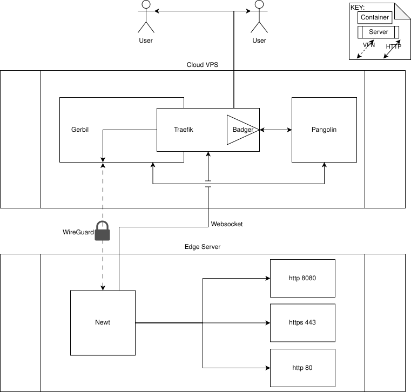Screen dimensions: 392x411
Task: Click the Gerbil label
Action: (79, 130)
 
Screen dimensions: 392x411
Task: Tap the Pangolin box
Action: (324, 130)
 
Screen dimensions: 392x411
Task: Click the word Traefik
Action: (184, 130)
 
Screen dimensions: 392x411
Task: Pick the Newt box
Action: (103, 322)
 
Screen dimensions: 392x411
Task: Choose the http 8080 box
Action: (302, 278)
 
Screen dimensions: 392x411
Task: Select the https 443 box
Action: (302, 322)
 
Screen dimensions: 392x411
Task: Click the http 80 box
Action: (302, 368)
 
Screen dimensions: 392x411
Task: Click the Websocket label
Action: (227, 224)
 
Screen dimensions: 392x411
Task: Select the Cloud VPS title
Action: (203, 65)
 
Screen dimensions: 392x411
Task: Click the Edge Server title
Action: (203, 247)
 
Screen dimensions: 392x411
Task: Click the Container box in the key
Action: (375, 17)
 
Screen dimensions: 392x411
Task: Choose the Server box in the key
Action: (378, 32)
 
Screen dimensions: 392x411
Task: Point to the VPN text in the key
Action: (369, 45)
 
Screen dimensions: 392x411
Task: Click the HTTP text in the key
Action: (393, 47)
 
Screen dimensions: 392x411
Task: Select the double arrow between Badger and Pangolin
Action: (275, 130)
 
